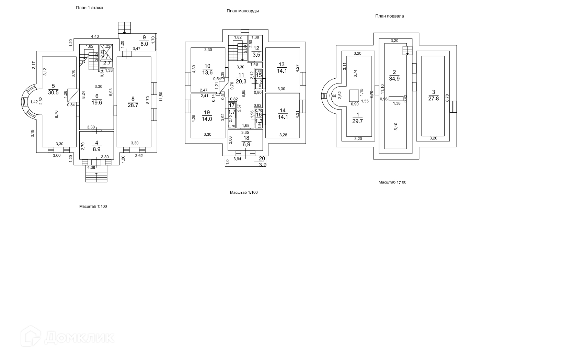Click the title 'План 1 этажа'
pos(89,8)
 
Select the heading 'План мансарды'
pos(242,11)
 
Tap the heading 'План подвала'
pos(389,16)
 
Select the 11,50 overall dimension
pos(161,97)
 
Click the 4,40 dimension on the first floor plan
pos(95,36)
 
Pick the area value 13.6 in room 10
pos(207,72)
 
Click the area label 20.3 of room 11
pos(241,81)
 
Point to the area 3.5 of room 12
pos(256,54)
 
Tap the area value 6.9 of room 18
pos(246,144)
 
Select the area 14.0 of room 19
pos(207,119)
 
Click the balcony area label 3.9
pos(263,165)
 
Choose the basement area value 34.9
pos(394,78)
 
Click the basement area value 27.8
pos(434,98)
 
